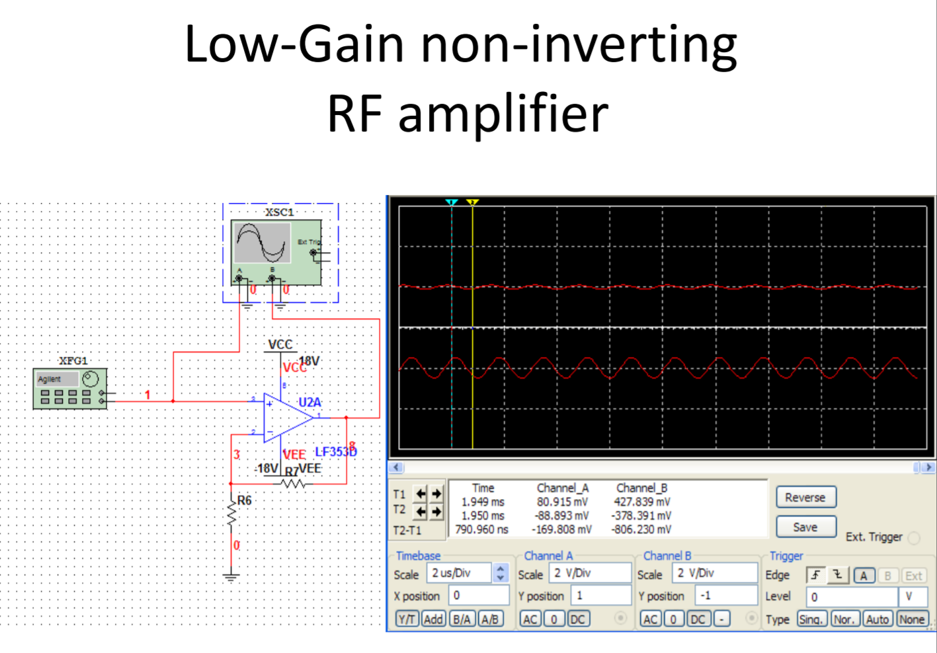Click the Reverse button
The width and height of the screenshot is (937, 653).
(805, 497)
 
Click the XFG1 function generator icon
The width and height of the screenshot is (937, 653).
(70, 389)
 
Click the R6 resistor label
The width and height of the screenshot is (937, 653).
(244, 500)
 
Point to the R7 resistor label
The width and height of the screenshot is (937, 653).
(292, 471)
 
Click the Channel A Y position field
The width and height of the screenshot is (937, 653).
(600, 595)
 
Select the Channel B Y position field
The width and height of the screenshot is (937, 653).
(725, 595)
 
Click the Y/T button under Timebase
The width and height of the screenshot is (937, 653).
(407, 619)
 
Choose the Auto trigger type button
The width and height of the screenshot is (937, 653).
(877, 619)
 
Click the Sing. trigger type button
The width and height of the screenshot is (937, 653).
(811, 619)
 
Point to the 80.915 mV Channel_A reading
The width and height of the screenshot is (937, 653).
(563, 502)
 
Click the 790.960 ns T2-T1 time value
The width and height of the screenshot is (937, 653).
(481, 529)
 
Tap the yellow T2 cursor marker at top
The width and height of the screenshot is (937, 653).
(472, 202)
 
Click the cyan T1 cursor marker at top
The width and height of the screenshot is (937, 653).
(452, 202)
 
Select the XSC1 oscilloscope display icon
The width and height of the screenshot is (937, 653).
(263, 243)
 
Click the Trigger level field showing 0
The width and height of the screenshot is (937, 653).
(851, 596)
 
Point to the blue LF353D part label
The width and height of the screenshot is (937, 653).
(335, 452)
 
